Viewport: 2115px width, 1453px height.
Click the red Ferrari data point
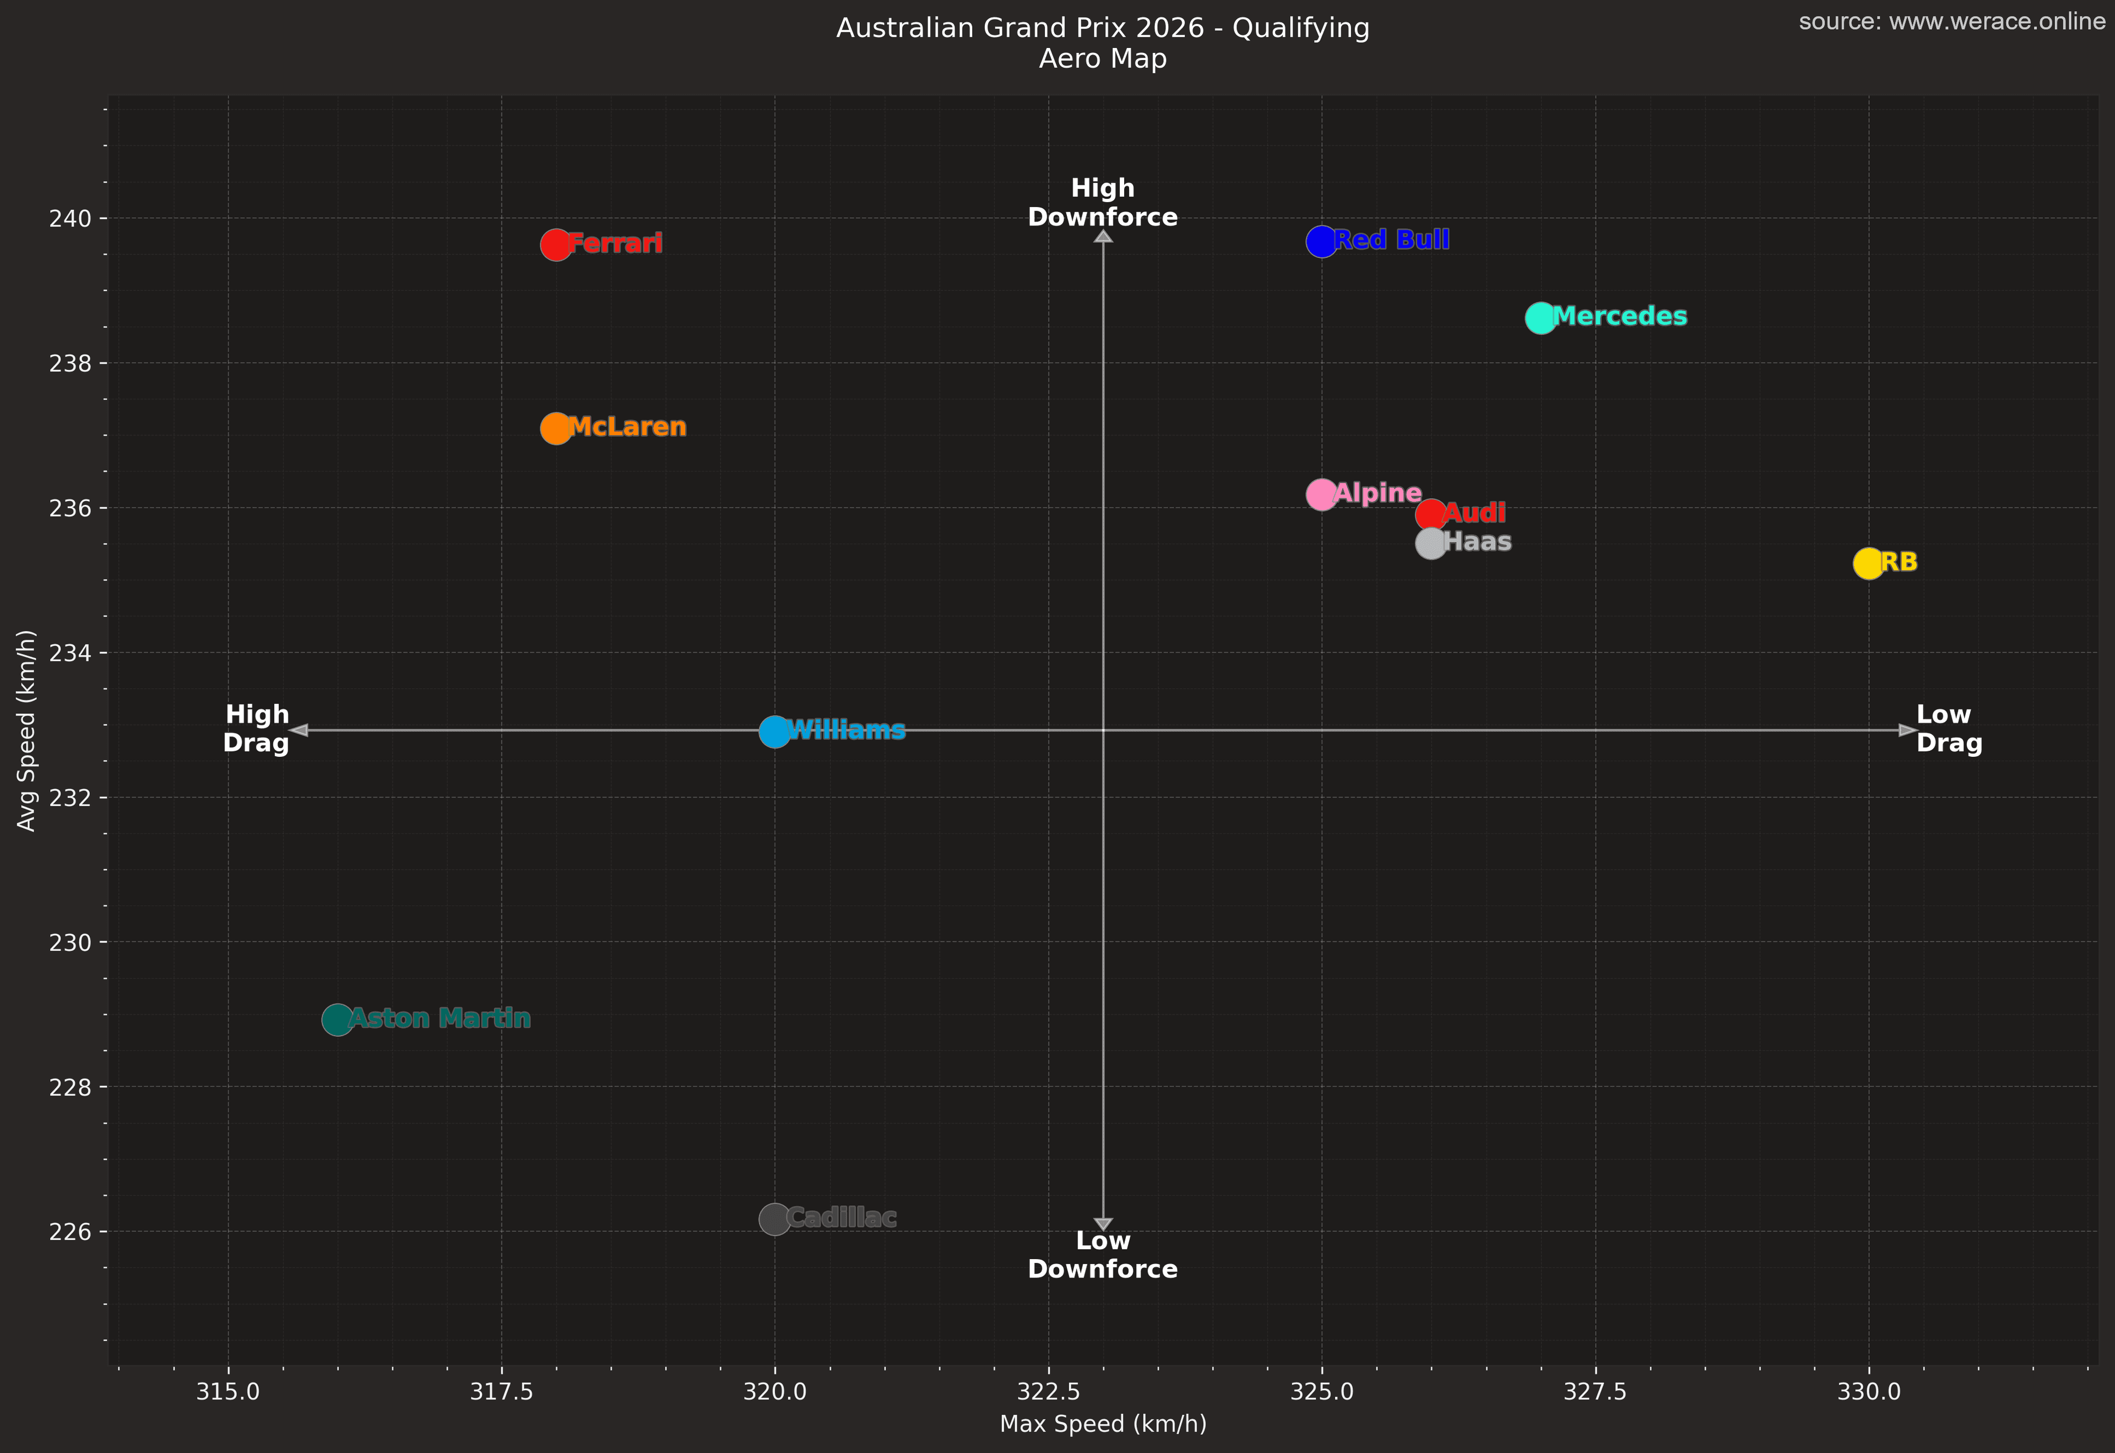click(x=555, y=245)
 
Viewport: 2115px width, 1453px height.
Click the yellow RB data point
click(x=1868, y=563)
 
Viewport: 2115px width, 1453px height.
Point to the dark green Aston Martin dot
click(x=337, y=1020)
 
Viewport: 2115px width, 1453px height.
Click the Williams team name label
click(x=847, y=730)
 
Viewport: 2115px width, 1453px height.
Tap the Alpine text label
click(x=1378, y=494)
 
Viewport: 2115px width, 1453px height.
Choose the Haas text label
click(x=1477, y=541)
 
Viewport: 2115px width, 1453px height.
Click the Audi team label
click(x=1474, y=513)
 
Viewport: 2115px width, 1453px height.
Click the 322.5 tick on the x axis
click(x=1048, y=1391)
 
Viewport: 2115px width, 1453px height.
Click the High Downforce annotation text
click(x=1103, y=202)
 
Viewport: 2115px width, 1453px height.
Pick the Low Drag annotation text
click(x=1948, y=729)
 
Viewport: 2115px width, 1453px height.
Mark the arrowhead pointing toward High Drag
click(x=299, y=730)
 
